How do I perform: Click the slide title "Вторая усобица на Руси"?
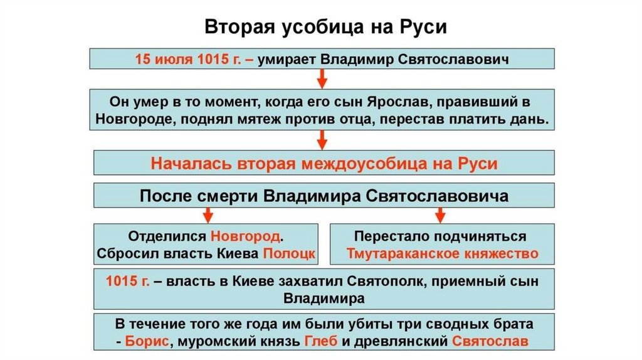coord(321,29)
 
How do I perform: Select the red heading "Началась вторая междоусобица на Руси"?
coord(324,164)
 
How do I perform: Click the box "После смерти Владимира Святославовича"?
coord(324,195)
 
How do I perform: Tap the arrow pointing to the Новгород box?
coord(206,215)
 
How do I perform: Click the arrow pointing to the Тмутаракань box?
coord(441,215)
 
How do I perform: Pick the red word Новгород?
coord(246,237)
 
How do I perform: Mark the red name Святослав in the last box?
coord(490,342)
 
